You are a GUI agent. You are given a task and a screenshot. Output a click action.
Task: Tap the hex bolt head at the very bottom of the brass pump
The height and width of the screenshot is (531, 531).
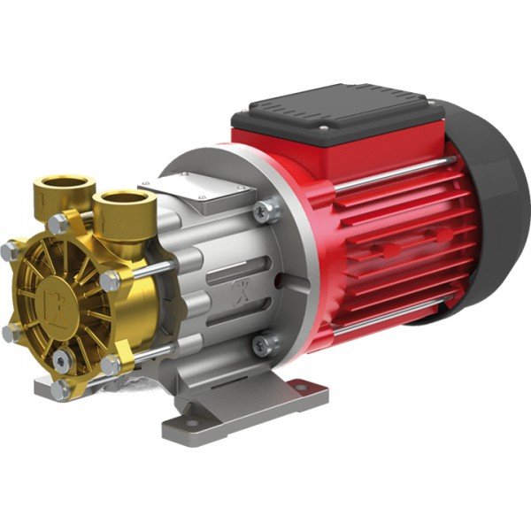click(x=59, y=389)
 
